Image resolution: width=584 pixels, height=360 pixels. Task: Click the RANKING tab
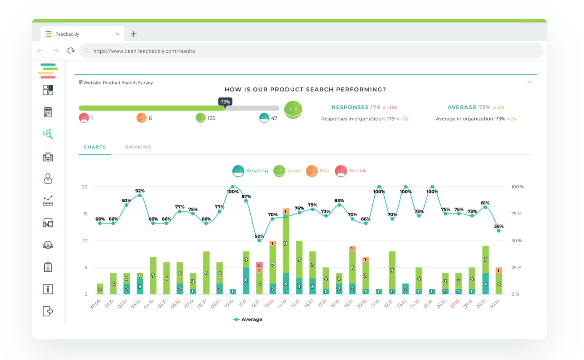pyautogui.click(x=138, y=147)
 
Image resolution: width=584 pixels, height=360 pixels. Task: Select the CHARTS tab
pyautogui.click(x=95, y=147)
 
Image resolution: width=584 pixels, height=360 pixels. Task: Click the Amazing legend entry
pyautogui.click(x=250, y=171)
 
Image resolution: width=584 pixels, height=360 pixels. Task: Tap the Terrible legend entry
pyautogui.click(x=351, y=171)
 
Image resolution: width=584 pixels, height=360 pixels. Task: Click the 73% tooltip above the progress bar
pyautogui.click(x=225, y=102)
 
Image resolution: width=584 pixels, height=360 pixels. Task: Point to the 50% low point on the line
pyautogui.click(x=259, y=240)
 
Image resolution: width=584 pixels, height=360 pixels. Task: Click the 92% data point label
pyautogui.click(x=140, y=191)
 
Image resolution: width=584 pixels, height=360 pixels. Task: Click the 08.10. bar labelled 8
pyautogui.click(x=206, y=273)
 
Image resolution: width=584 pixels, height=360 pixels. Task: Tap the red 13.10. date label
pyautogui.click(x=269, y=303)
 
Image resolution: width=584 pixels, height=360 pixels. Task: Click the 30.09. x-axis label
pyautogui.click(x=96, y=304)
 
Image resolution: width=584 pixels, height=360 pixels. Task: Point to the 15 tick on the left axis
pyautogui.click(x=85, y=214)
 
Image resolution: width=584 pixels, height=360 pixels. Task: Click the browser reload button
pyautogui.click(x=71, y=51)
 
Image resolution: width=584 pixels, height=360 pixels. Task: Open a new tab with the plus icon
pyautogui.click(x=133, y=34)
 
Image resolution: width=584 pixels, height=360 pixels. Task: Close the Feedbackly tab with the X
pyautogui.click(x=118, y=34)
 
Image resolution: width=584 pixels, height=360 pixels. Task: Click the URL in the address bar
pyautogui.click(x=144, y=51)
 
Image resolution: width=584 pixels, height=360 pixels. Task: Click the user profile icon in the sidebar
pyautogui.click(x=48, y=179)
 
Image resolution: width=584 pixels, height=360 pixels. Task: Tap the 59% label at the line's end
pyautogui.click(x=498, y=226)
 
